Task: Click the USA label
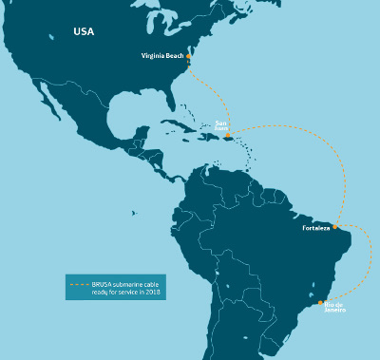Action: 84,31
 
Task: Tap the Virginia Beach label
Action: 161,56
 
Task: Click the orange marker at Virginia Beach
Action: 189,57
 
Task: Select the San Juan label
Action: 221,125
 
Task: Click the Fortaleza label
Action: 315,228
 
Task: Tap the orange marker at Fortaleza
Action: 335,227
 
